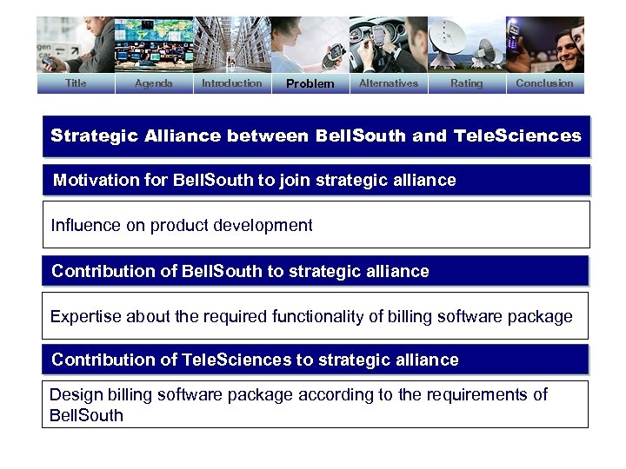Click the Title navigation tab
click(76, 83)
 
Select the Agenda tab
click(154, 83)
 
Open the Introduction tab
click(231, 83)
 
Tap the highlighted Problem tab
click(310, 84)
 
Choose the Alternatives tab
click(389, 83)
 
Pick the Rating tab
click(466, 83)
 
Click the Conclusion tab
click(544, 83)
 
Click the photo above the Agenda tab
click(154, 44)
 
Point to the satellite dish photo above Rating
click(467, 44)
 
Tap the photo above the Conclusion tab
click(545, 44)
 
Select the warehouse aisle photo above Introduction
click(231, 44)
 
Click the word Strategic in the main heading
click(86, 135)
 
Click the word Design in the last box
click(73, 395)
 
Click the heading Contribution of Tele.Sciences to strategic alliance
click(255, 360)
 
